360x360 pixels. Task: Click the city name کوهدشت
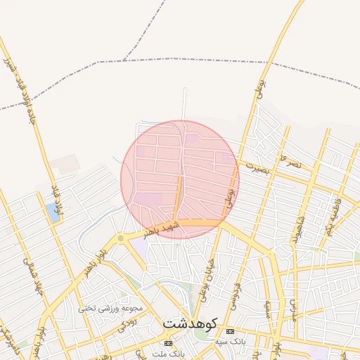[x=191, y=324]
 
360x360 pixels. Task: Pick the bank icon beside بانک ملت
[x=167, y=343]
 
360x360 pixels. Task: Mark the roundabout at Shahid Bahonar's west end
[x=121, y=239]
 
